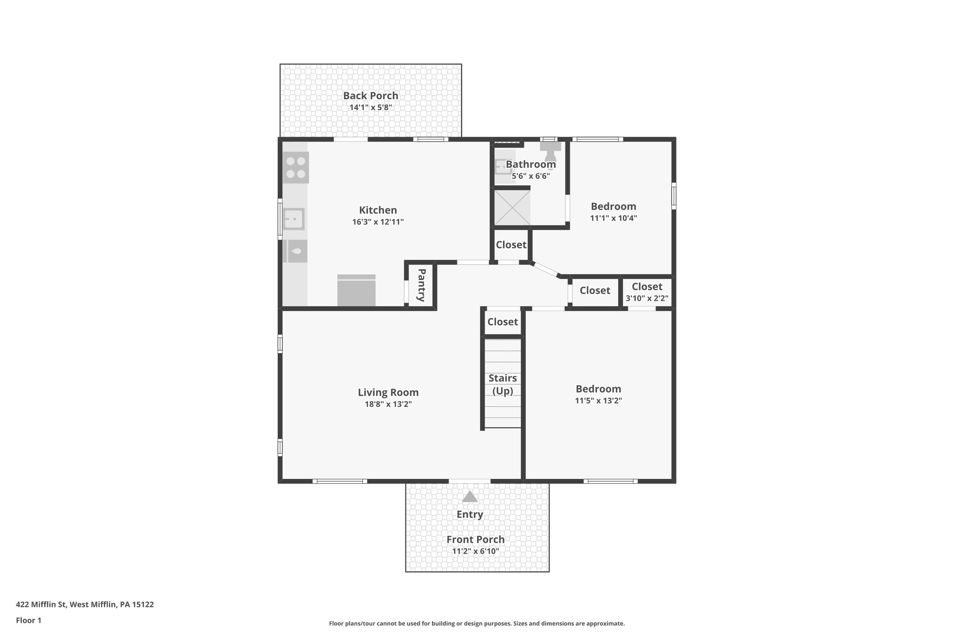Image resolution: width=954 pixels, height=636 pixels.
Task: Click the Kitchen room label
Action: point(378,210)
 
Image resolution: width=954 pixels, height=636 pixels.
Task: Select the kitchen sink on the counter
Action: point(294,219)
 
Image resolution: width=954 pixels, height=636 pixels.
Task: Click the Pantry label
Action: point(422,285)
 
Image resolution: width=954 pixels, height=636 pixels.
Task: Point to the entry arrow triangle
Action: point(470,497)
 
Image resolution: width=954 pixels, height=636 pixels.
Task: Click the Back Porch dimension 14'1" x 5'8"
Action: point(371,108)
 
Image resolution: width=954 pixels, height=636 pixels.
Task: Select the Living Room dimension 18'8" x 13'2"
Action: point(388,404)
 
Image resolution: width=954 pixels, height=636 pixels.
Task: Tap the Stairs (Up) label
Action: point(503,384)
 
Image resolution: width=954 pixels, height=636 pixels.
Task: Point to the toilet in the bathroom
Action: point(550,150)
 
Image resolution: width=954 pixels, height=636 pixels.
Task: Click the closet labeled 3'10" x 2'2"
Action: point(647,292)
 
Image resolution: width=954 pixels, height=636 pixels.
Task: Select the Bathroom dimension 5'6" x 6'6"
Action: point(531,176)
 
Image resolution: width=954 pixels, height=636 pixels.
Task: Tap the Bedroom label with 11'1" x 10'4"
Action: point(613,206)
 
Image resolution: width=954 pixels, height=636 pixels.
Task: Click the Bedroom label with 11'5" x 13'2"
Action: point(598,389)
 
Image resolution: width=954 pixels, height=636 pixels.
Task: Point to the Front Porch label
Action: point(475,540)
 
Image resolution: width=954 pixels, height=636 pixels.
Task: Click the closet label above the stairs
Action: point(502,322)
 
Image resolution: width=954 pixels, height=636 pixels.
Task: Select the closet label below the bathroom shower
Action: point(511,245)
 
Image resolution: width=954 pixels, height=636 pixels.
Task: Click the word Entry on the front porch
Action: point(470,514)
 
